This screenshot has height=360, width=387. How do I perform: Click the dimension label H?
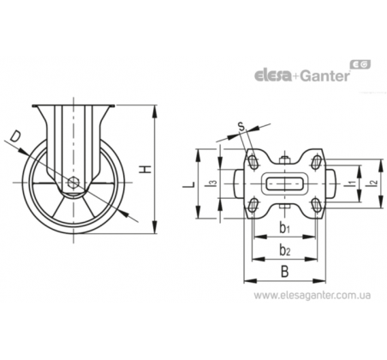(x=146, y=169)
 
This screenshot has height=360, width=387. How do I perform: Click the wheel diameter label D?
(x=15, y=136)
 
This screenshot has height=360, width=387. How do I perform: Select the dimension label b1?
(x=284, y=228)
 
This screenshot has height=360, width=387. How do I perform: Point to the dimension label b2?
(x=284, y=250)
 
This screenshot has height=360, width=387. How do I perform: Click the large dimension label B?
(x=284, y=271)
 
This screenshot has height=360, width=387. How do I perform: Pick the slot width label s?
(x=241, y=126)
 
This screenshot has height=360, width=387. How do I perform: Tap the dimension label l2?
(x=373, y=183)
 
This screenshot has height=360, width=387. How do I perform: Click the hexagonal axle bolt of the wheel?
(x=74, y=182)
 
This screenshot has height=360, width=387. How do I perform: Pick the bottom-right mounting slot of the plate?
(x=316, y=205)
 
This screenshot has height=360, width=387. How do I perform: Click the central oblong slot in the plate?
(x=284, y=183)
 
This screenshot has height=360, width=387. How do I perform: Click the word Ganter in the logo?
(x=325, y=76)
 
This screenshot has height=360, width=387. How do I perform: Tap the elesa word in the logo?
(x=272, y=76)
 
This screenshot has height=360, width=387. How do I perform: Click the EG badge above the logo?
(x=360, y=64)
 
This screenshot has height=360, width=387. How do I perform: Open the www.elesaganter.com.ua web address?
(x=313, y=296)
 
